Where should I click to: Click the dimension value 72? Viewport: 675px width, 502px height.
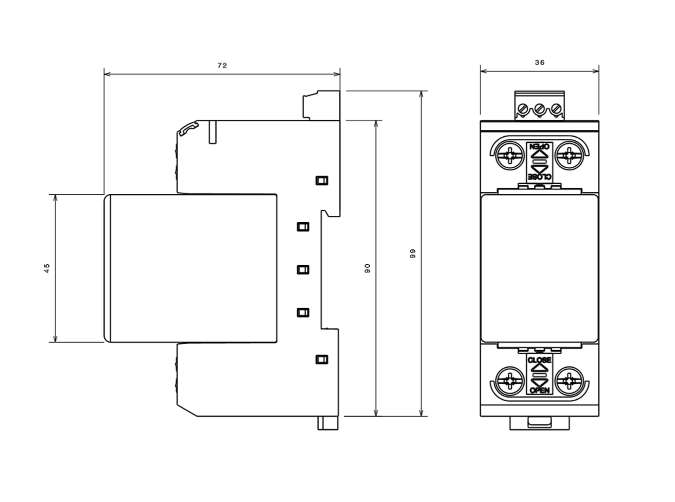[x=222, y=65]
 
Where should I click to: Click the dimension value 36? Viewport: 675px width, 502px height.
[x=539, y=62]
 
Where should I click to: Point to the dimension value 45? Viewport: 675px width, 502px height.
[x=47, y=268]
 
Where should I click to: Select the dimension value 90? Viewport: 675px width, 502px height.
[x=367, y=268]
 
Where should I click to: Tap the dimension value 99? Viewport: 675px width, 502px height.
[x=412, y=254]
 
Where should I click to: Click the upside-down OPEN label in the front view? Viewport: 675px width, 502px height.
[x=539, y=146]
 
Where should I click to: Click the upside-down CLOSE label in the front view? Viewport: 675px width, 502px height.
[x=539, y=177]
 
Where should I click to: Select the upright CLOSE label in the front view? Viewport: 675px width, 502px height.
[x=539, y=360]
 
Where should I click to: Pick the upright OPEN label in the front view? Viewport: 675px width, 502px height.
[x=539, y=390]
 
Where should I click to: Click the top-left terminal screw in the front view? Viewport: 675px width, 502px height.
[x=509, y=156]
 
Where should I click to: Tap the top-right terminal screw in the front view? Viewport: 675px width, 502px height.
[x=569, y=156]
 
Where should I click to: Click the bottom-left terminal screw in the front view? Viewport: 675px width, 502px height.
[x=509, y=381]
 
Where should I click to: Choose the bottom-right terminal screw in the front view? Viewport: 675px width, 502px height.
[x=569, y=381]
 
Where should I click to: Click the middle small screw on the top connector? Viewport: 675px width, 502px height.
[x=539, y=108]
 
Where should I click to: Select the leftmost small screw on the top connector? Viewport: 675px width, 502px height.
[x=523, y=108]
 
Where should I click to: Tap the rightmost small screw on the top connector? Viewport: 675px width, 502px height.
[x=556, y=108]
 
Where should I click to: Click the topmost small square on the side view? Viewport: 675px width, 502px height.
[x=321, y=181]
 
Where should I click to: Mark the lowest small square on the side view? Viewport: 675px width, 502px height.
[x=321, y=360]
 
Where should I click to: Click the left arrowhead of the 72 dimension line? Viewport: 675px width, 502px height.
[x=106, y=74]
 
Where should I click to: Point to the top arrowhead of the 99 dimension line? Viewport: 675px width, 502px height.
[x=421, y=94]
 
